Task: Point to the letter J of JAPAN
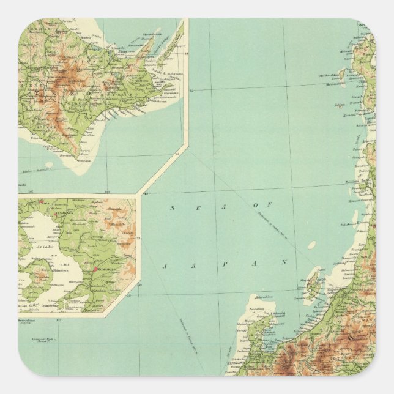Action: coord(166,266)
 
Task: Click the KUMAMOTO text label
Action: coord(108,270)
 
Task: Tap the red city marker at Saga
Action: coord(41,201)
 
